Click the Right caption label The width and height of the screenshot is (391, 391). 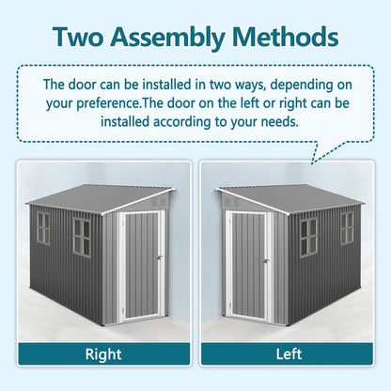coord(102,355)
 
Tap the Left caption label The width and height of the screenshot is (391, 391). coord(288,355)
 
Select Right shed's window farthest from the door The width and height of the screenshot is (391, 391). coord(43,227)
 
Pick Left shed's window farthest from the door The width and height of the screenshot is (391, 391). coord(347,228)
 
